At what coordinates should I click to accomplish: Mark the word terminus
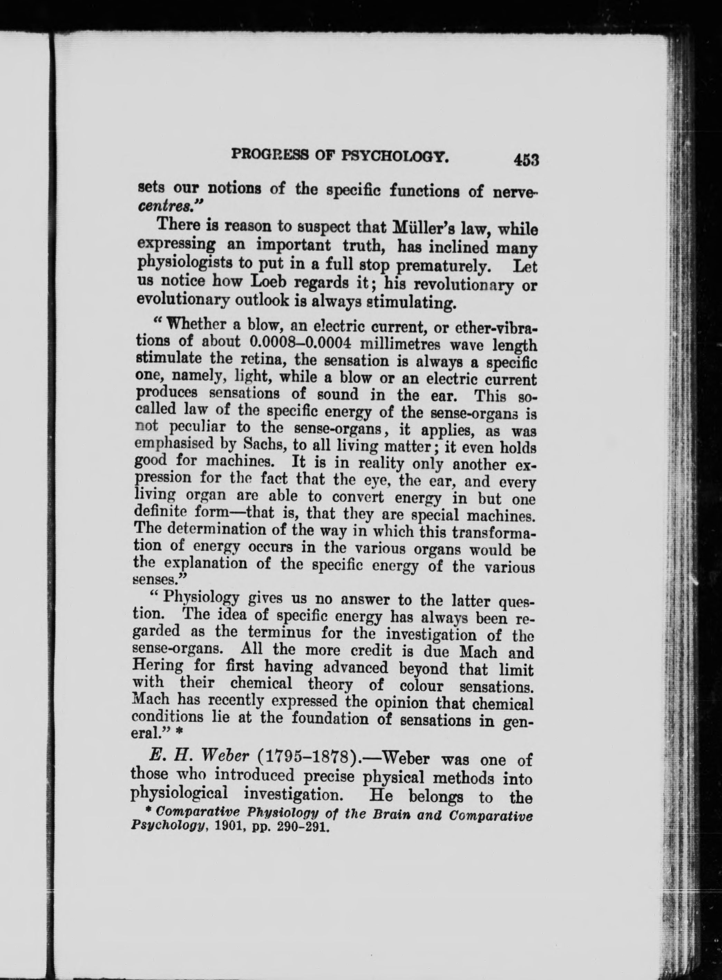click(x=278, y=632)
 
